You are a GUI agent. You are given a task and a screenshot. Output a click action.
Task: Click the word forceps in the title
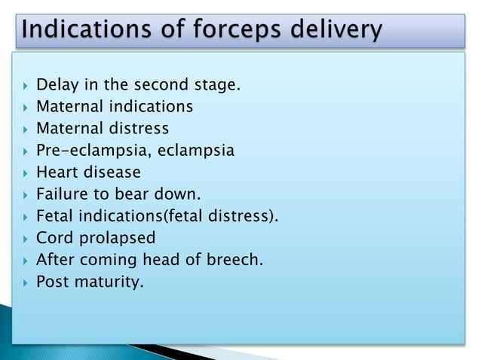point(234,30)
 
